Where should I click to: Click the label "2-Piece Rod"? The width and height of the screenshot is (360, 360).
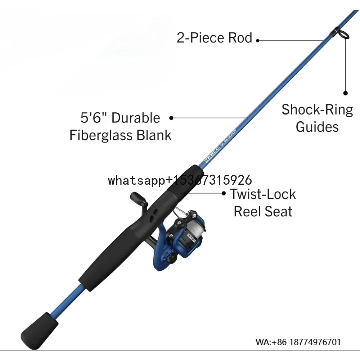coord(214,38)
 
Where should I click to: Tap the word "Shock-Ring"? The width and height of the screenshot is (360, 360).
coord(317,109)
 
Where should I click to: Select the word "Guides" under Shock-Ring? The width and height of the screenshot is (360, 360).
coord(317,127)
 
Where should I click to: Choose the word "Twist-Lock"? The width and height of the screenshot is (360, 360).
coord(263,194)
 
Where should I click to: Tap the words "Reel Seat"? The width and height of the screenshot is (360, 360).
coord(263,211)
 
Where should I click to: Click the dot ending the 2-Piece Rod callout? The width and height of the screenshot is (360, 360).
coord(257,41)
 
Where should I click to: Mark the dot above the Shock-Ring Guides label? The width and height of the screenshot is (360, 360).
coord(345,93)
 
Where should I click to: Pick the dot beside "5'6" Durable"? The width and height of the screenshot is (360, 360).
coord(171,117)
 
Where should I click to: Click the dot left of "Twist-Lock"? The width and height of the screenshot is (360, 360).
coord(224,193)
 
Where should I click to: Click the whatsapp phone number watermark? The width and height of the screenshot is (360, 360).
coord(180,180)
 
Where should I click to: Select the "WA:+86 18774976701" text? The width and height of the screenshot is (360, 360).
coord(298,342)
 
